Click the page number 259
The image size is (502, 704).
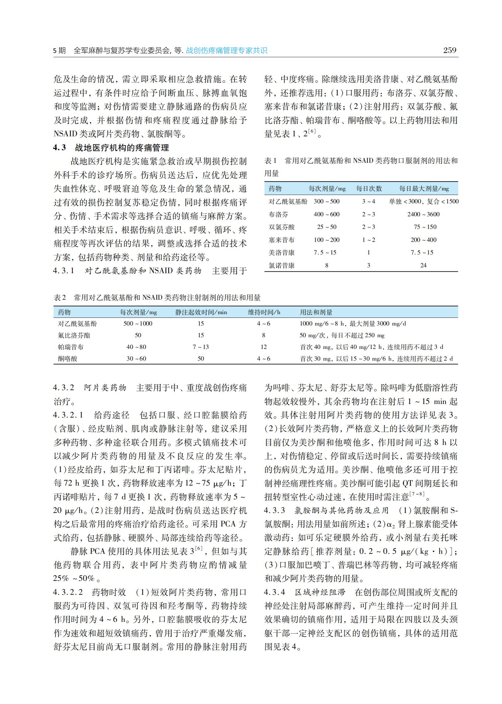[449, 50]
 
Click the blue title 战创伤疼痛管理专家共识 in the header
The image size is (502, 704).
[227, 51]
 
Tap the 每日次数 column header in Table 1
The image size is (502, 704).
[369, 189]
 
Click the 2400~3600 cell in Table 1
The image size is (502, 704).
[423, 214]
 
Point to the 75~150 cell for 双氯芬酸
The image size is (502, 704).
[425, 227]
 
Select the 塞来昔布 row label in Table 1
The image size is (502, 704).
[281, 240]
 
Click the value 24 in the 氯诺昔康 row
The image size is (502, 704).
[423, 265]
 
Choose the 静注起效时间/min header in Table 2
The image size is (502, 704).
[201, 312]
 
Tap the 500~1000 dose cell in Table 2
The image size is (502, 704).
[138, 324]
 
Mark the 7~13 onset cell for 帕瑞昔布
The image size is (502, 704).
[200, 347]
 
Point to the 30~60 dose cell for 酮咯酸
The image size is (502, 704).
[136, 359]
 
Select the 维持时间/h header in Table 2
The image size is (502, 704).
[264, 312]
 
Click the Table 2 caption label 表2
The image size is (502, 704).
[60, 298]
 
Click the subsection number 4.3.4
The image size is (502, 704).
[274, 592]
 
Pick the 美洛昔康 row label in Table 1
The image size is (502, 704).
[281, 253]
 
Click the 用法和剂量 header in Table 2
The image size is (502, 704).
[316, 312]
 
